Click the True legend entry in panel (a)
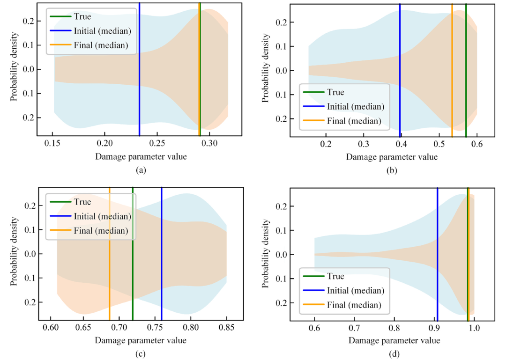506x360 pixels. click(x=82, y=17)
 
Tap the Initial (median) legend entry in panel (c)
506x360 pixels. click(x=102, y=216)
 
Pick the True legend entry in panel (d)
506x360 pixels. click(x=335, y=276)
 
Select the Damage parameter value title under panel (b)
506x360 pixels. click(x=392, y=157)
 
